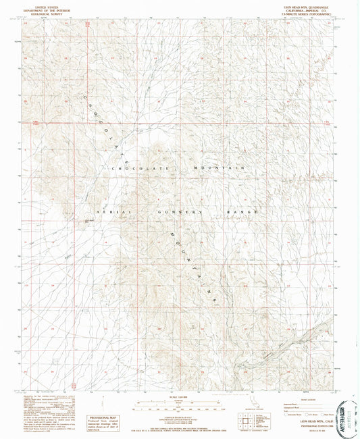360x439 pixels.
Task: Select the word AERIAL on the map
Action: coord(112,211)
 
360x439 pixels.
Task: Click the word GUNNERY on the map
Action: coord(183,211)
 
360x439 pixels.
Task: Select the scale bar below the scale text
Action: coord(180,405)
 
